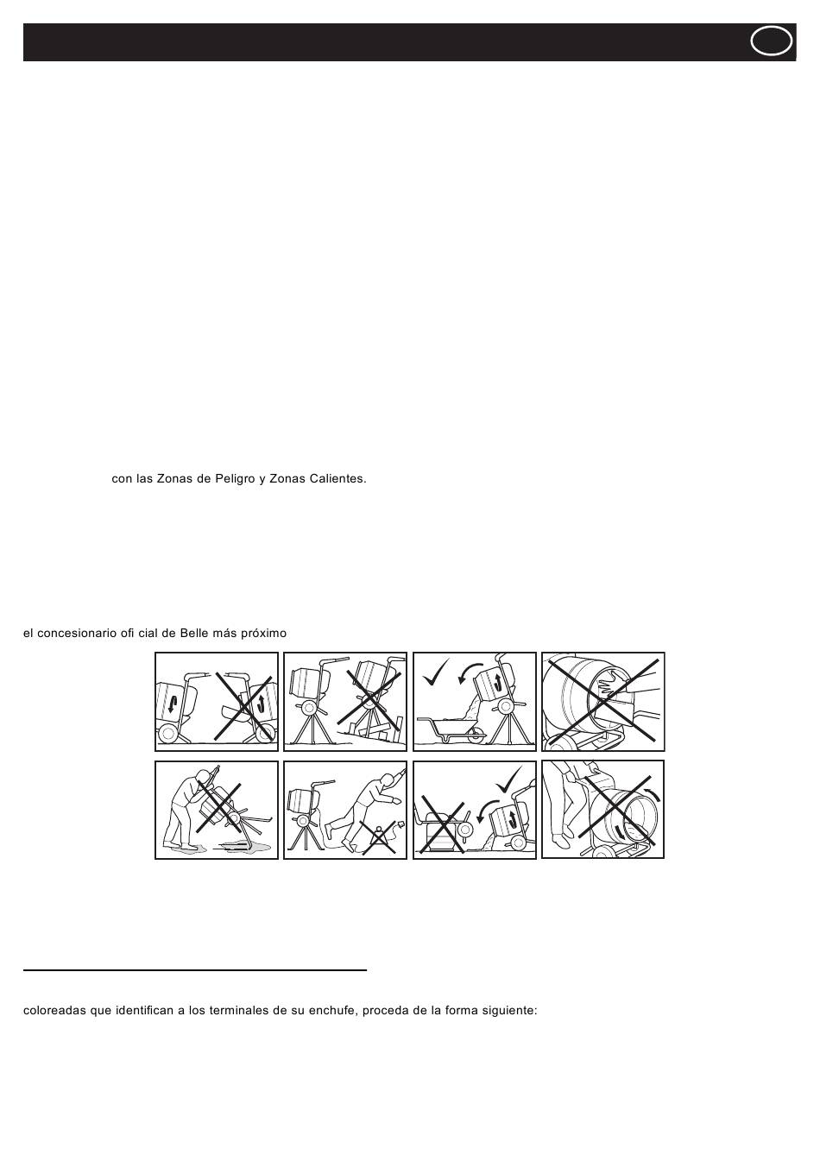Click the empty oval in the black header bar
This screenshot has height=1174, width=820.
coord(772,41)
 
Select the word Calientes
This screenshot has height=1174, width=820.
coord(336,478)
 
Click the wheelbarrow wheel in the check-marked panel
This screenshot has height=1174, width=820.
coord(474,736)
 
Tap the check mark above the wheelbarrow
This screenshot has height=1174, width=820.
coord(437,671)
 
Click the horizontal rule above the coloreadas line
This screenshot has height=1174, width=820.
coord(195,970)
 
